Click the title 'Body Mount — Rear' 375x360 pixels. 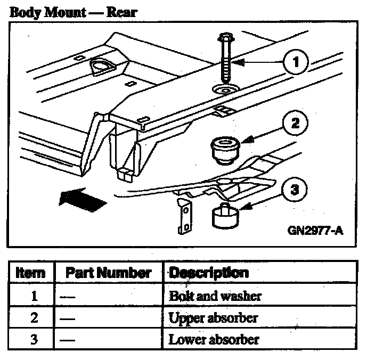tap(74, 12)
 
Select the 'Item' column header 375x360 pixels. tap(31, 274)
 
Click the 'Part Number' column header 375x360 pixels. tap(109, 274)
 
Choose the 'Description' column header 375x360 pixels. tap(208, 273)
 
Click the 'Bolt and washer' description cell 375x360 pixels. tap(215, 296)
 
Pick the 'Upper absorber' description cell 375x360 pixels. tap(213, 318)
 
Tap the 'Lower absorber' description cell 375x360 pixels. tap(214, 339)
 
